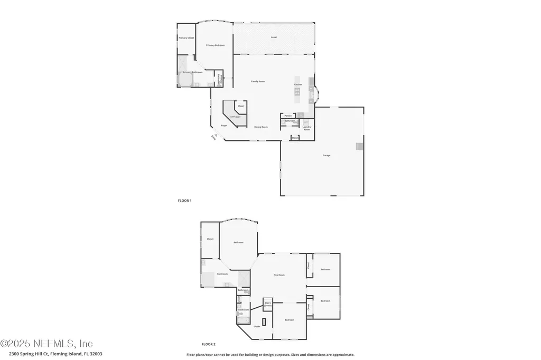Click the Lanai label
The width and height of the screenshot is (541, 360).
click(274, 37)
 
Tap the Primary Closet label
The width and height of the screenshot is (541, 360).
click(186, 38)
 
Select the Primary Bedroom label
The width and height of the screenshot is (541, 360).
click(215, 45)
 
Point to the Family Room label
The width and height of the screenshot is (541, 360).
click(257, 81)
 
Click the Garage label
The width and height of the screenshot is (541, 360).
click(327, 155)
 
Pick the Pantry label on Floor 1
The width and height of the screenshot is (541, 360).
click(288, 116)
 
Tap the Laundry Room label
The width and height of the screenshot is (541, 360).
click(306, 128)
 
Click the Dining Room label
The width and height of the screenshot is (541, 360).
click(261, 127)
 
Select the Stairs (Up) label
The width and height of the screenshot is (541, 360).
click(235, 117)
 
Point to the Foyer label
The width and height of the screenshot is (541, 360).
click(224, 126)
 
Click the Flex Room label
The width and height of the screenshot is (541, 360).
click(279, 275)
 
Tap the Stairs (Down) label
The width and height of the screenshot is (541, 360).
click(268, 305)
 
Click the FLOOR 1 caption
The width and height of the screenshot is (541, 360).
click(184, 201)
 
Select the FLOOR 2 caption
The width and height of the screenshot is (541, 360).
click(209, 344)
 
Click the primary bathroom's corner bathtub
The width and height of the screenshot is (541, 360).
click(185, 80)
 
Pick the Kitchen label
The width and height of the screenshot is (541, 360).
click(298, 84)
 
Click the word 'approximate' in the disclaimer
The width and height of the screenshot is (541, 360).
click(341, 355)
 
